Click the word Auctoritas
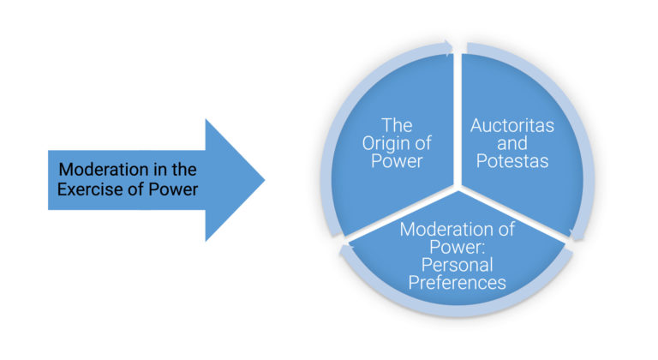click(x=512, y=126)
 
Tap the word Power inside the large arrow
click(x=177, y=189)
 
